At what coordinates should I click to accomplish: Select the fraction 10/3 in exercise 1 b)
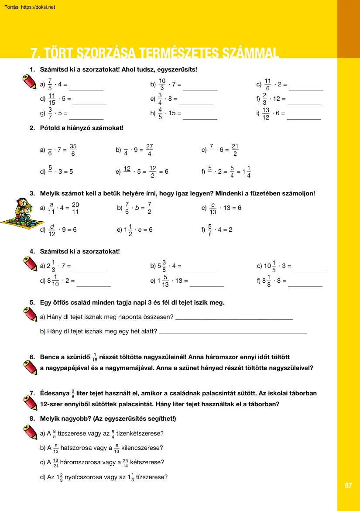[x=162, y=84]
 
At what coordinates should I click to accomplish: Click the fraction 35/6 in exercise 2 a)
[x=73, y=150]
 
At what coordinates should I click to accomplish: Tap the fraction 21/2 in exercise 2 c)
[x=235, y=150]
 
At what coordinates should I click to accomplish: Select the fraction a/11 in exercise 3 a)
[x=51, y=208]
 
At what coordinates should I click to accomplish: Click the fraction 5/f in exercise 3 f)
[x=210, y=230]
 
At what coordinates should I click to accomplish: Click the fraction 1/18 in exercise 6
[x=95, y=357]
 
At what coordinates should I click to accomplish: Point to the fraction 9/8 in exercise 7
[x=73, y=394]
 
